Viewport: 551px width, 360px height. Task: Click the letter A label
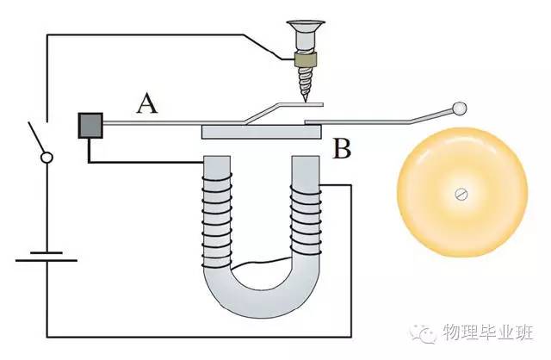pyautogui.click(x=147, y=105)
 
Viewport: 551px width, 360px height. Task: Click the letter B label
pyautogui.click(x=342, y=152)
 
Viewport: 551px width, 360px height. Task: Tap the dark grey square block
pyautogui.click(x=91, y=125)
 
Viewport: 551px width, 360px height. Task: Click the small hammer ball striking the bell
pyautogui.click(x=460, y=109)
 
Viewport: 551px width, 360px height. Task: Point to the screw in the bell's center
pyautogui.click(x=462, y=195)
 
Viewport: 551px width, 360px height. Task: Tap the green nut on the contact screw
pyautogui.click(x=304, y=60)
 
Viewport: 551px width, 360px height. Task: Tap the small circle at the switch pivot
pyautogui.click(x=46, y=158)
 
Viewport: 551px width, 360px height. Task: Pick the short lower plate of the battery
pyautogui.click(x=46, y=258)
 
